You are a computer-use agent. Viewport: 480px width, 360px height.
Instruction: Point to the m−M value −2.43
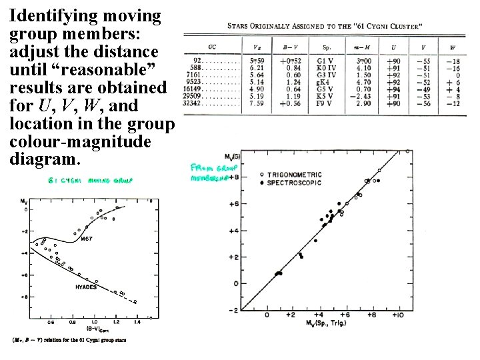pyautogui.click(x=363, y=96)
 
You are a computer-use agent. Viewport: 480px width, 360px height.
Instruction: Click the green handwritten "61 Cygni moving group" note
pyautogui.click(x=89, y=181)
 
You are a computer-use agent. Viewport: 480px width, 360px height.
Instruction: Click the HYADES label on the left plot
pyautogui.click(x=85, y=287)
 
